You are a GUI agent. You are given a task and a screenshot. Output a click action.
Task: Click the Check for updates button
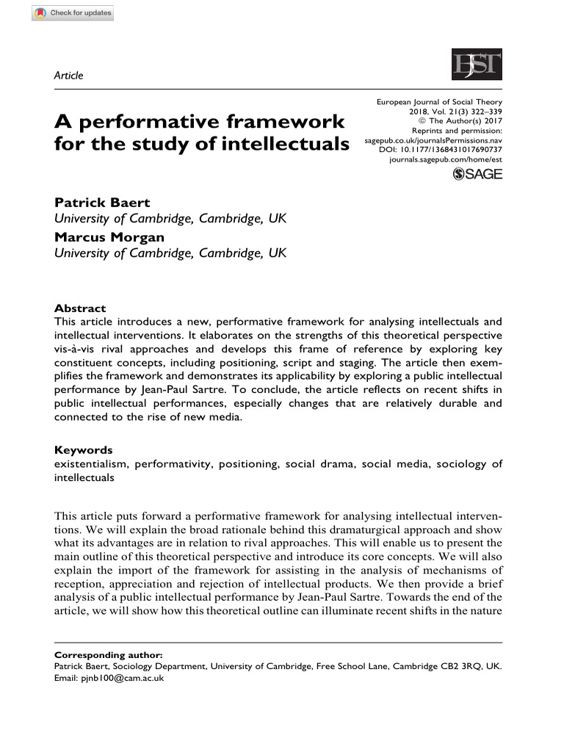pos(73,14)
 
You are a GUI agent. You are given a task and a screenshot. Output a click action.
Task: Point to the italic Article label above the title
pos(69,75)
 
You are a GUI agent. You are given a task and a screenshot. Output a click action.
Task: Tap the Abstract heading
pos(80,308)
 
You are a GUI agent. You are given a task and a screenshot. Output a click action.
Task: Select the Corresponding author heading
pos(109,655)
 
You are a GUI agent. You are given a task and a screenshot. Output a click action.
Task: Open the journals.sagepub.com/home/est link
pos(446,159)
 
